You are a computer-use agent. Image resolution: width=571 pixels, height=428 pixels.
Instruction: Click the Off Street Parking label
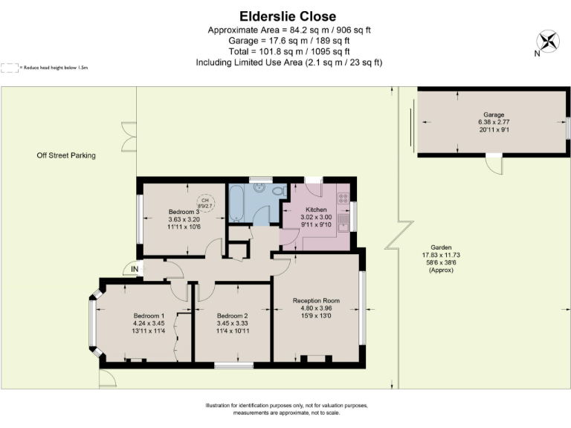[66, 155]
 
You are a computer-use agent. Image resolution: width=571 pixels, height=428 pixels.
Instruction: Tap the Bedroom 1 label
[149, 316]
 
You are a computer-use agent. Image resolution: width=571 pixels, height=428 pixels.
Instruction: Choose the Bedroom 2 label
[232, 316]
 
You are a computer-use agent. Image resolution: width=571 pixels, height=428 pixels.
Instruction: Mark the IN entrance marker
[135, 268]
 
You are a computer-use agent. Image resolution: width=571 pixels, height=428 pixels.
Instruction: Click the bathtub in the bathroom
[236, 204]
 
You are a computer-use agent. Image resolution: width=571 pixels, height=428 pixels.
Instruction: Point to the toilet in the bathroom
[279, 192]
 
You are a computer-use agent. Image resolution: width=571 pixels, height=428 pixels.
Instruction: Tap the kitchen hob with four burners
[344, 198]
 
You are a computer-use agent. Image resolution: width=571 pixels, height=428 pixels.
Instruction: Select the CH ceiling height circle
[206, 204]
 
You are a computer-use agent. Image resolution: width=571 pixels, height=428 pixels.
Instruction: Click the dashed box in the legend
[10, 68]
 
